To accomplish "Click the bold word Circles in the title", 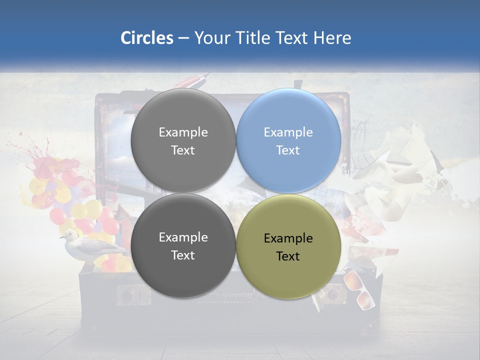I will tap(146, 38).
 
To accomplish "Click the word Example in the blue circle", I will tap(288, 132).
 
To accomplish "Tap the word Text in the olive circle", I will tap(288, 256).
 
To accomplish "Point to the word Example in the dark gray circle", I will tap(183, 237).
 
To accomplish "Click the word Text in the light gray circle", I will tap(183, 150).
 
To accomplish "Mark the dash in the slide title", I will tap(183, 38).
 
